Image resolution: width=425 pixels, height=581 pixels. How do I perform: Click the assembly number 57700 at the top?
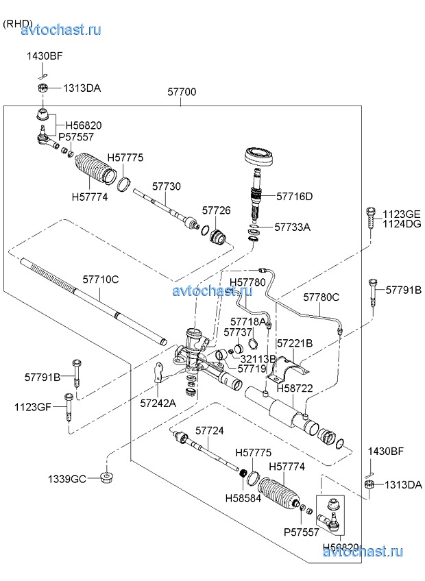click(182, 91)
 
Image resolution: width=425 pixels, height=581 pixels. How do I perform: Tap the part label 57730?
click(167, 186)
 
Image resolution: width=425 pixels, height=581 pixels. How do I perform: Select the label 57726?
click(216, 210)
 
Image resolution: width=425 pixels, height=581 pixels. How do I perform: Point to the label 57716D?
click(294, 196)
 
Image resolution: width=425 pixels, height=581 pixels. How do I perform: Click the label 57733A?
click(292, 227)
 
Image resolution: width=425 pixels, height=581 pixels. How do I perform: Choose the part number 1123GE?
click(402, 214)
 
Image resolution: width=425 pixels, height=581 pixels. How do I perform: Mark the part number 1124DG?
click(402, 223)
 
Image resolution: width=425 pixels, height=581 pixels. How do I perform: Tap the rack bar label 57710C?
click(101, 280)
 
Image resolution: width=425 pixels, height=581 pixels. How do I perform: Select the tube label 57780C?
click(321, 297)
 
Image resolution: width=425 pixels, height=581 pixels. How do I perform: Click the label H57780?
click(247, 282)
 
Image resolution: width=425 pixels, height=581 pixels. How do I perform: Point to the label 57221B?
click(294, 343)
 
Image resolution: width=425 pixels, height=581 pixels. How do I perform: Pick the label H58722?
click(295, 388)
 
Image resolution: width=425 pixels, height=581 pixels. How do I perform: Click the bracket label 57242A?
click(158, 403)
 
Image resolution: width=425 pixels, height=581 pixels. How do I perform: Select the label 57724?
click(210, 431)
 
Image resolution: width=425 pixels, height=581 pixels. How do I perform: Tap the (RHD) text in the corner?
click(18, 23)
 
